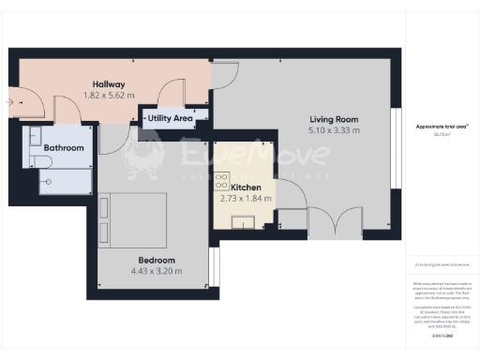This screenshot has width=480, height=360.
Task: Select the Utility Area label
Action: [x=170, y=119]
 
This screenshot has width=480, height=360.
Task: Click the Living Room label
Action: [x=335, y=119]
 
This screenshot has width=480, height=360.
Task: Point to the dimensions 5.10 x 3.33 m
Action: [x=335, y=131]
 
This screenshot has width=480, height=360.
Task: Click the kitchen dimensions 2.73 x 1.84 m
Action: [x=245, y=199]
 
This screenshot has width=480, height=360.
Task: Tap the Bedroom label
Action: [x=156, y=260]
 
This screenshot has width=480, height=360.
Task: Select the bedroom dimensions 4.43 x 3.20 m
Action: [x=156, y=272]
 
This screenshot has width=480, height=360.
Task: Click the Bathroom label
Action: [x=64, y=148]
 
